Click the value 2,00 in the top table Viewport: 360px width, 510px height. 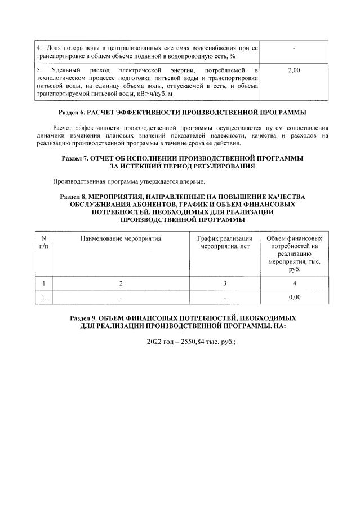tap(294, 70)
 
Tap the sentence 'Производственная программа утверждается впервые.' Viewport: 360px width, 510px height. tap(129, 182)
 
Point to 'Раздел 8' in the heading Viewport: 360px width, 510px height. tap(74, 197)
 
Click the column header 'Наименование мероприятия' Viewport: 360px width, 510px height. tap(121, 238)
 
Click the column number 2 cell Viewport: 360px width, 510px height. tap(121, 283)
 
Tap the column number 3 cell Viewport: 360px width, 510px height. tap(224, 283)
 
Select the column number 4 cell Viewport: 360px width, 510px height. tap(294, 283)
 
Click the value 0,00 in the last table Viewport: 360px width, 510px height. tap(294, 296)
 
